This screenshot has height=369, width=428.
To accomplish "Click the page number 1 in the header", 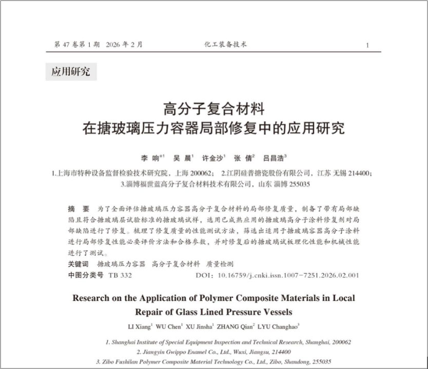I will [367, 45].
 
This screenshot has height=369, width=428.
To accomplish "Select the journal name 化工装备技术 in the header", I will [225, 45].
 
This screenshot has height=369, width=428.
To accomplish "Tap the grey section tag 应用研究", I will [70, 72].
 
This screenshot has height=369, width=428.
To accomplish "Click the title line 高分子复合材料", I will [213, 109].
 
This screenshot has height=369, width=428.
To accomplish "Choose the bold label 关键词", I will [78, 264].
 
